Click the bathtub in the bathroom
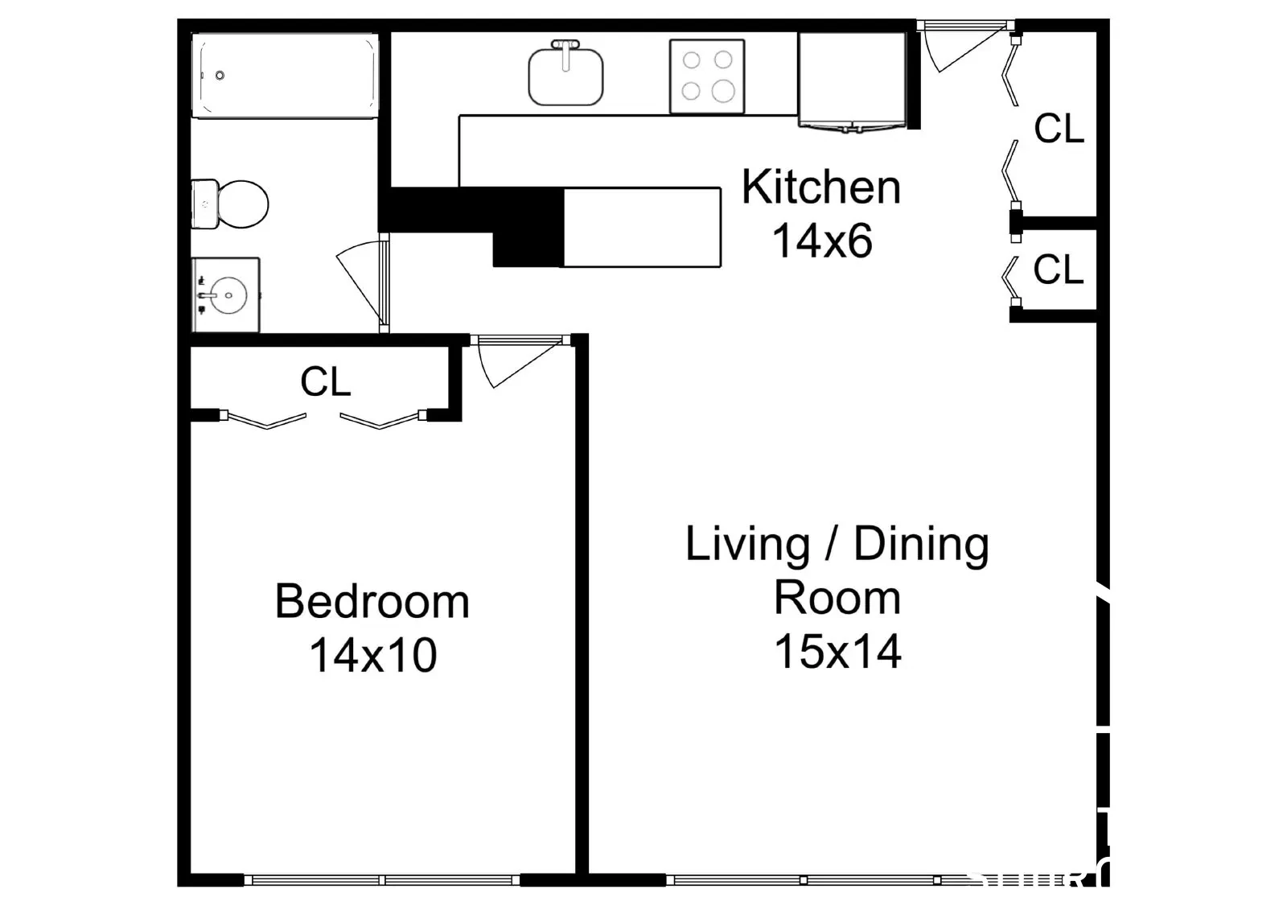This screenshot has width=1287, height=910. coord(285,76)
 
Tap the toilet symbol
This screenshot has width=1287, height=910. coord(230,204)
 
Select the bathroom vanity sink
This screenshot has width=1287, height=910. coord(225,295)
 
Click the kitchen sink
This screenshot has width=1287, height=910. coord(565,73)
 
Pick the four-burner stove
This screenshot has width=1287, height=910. coord(707,76)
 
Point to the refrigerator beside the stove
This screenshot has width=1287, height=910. coord(853,80)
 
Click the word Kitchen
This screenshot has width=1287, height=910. coord(821,187)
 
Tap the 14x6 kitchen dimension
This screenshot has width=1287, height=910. coord(822,241)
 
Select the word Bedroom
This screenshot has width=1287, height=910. coord(372,601)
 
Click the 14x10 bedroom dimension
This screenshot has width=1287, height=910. coord(373,655)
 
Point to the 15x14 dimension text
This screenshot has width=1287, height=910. coord(837,651)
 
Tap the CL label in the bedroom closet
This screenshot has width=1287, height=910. coord(325,381)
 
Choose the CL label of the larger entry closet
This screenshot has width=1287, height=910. coord(1059,128)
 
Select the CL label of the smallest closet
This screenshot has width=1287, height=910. coord(1059,269)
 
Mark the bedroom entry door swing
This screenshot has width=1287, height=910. coord(520,362)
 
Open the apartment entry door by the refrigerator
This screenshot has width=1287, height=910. coord(965,48)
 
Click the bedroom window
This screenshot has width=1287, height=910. coord(381,880)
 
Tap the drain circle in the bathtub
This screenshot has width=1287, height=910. coord(220,76)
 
